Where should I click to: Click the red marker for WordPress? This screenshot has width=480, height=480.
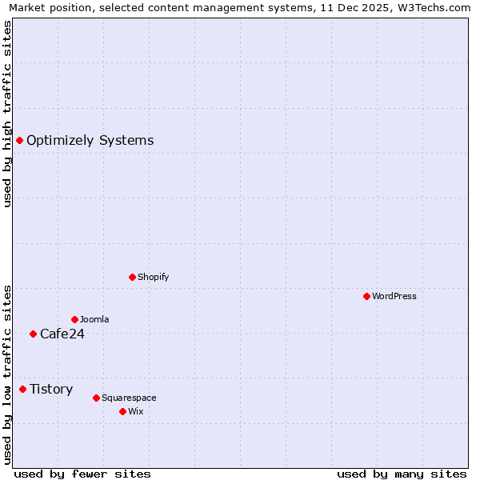[x=366, y=296]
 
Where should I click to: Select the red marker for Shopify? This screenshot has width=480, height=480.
[x=132, y=277]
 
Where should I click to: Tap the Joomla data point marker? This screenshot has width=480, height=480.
[x=74, y=319]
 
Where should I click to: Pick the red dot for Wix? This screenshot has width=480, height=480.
[x=122, y=411]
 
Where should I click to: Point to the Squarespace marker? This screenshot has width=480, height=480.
[x=96, y=398]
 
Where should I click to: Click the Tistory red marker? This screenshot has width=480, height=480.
[x=22, y=389]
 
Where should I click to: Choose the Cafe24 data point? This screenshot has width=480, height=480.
[x=33, y=334]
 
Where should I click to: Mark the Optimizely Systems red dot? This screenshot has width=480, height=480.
[x=19, y=140]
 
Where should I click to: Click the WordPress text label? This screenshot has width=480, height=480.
[x=394, y=296]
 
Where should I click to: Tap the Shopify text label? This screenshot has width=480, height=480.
[x=153, y=277]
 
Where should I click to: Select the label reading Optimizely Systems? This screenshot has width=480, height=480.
[x=90, y=141]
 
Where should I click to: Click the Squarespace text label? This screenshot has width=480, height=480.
[x=129, y=398]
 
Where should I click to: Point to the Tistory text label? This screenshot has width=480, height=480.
[x=51, y=390]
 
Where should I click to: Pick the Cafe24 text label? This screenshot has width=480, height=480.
[x=62, y=334]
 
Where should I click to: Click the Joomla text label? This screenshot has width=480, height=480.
[x=94, y=319]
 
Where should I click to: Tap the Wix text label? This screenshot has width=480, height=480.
[x=136, y=411]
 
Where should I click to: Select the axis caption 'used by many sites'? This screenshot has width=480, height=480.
[x=402, y=474]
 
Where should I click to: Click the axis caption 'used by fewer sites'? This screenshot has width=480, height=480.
[x=82, y=474]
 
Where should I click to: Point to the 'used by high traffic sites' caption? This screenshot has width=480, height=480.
[x=7, y=114]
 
